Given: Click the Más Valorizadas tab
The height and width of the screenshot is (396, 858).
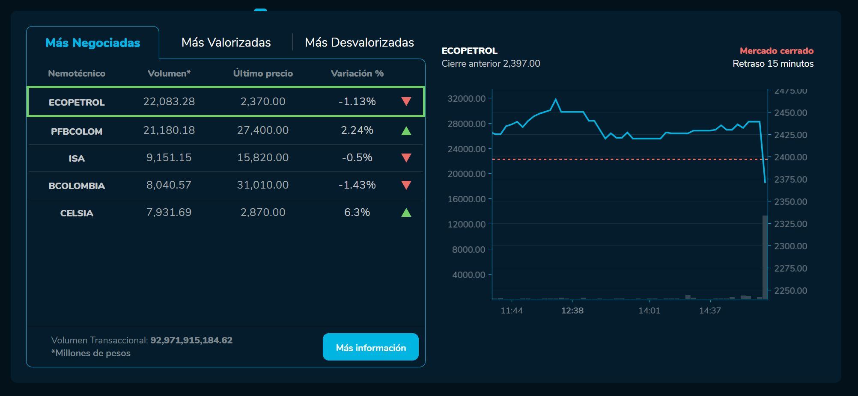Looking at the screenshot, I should click(x=226, y=43).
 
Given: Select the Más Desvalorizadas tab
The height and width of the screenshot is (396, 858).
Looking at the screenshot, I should click(x=359, y=43).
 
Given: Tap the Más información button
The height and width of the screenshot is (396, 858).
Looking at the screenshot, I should click(x=370, y=347).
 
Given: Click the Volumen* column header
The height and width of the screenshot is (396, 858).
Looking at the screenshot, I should click(x=169, y=74).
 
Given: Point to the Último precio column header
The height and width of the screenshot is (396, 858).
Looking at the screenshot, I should click(x=263, y=74).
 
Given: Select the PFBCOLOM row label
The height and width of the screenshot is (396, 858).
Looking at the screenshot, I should click(x=77, y=131).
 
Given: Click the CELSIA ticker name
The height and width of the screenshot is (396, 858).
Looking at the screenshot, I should click(x=77, y=213).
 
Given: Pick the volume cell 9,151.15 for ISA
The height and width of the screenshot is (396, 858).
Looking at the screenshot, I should click(x=169, y=158).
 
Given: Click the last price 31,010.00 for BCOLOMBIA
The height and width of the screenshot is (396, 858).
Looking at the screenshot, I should click(x=263, y=185).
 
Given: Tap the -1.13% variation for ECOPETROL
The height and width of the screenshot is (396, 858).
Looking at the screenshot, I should click(x=357, y=102).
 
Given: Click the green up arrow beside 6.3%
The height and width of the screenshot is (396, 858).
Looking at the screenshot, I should click(x=406, y=213).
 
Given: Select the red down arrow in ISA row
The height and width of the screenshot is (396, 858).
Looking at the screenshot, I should click(x=406, y=158).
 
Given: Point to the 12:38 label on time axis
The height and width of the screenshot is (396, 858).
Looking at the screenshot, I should click(x=572, y=311).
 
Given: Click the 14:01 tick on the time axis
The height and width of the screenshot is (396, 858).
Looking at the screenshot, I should click(x=649, y=311).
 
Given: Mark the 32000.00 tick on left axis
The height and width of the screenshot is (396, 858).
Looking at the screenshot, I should click(x=467, y=99).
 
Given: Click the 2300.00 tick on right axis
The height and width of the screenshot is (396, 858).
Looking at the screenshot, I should click(x=791, y=246).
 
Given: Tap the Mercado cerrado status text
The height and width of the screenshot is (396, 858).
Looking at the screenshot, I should click(x=777, y=51).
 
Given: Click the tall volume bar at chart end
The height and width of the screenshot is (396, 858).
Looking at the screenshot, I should click(x=765, y=257).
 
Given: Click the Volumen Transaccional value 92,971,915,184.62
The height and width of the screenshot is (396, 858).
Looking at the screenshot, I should click(x=191, y=340).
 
